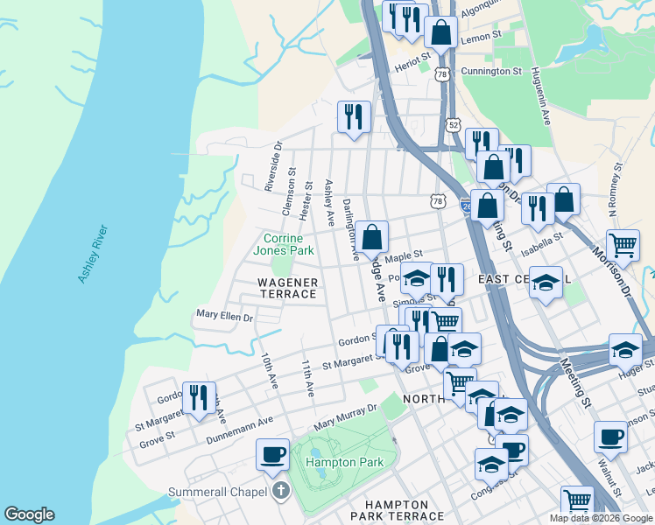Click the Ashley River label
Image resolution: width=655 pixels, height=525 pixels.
(x=93, y=254)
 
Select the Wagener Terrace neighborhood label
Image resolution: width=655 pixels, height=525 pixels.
(x=287, y=288)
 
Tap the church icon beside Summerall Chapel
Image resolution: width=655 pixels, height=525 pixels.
(x=280, y=491)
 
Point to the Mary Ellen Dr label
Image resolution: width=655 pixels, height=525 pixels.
(x=224, y=315)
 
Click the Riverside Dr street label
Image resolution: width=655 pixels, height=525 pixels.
(x=273, y=166)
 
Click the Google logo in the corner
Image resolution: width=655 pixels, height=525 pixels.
(x=29, y=514)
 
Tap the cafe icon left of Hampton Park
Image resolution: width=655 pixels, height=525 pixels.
(x=272, y=454)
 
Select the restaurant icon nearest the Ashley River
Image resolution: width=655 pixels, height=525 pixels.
(x=198, y=397)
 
